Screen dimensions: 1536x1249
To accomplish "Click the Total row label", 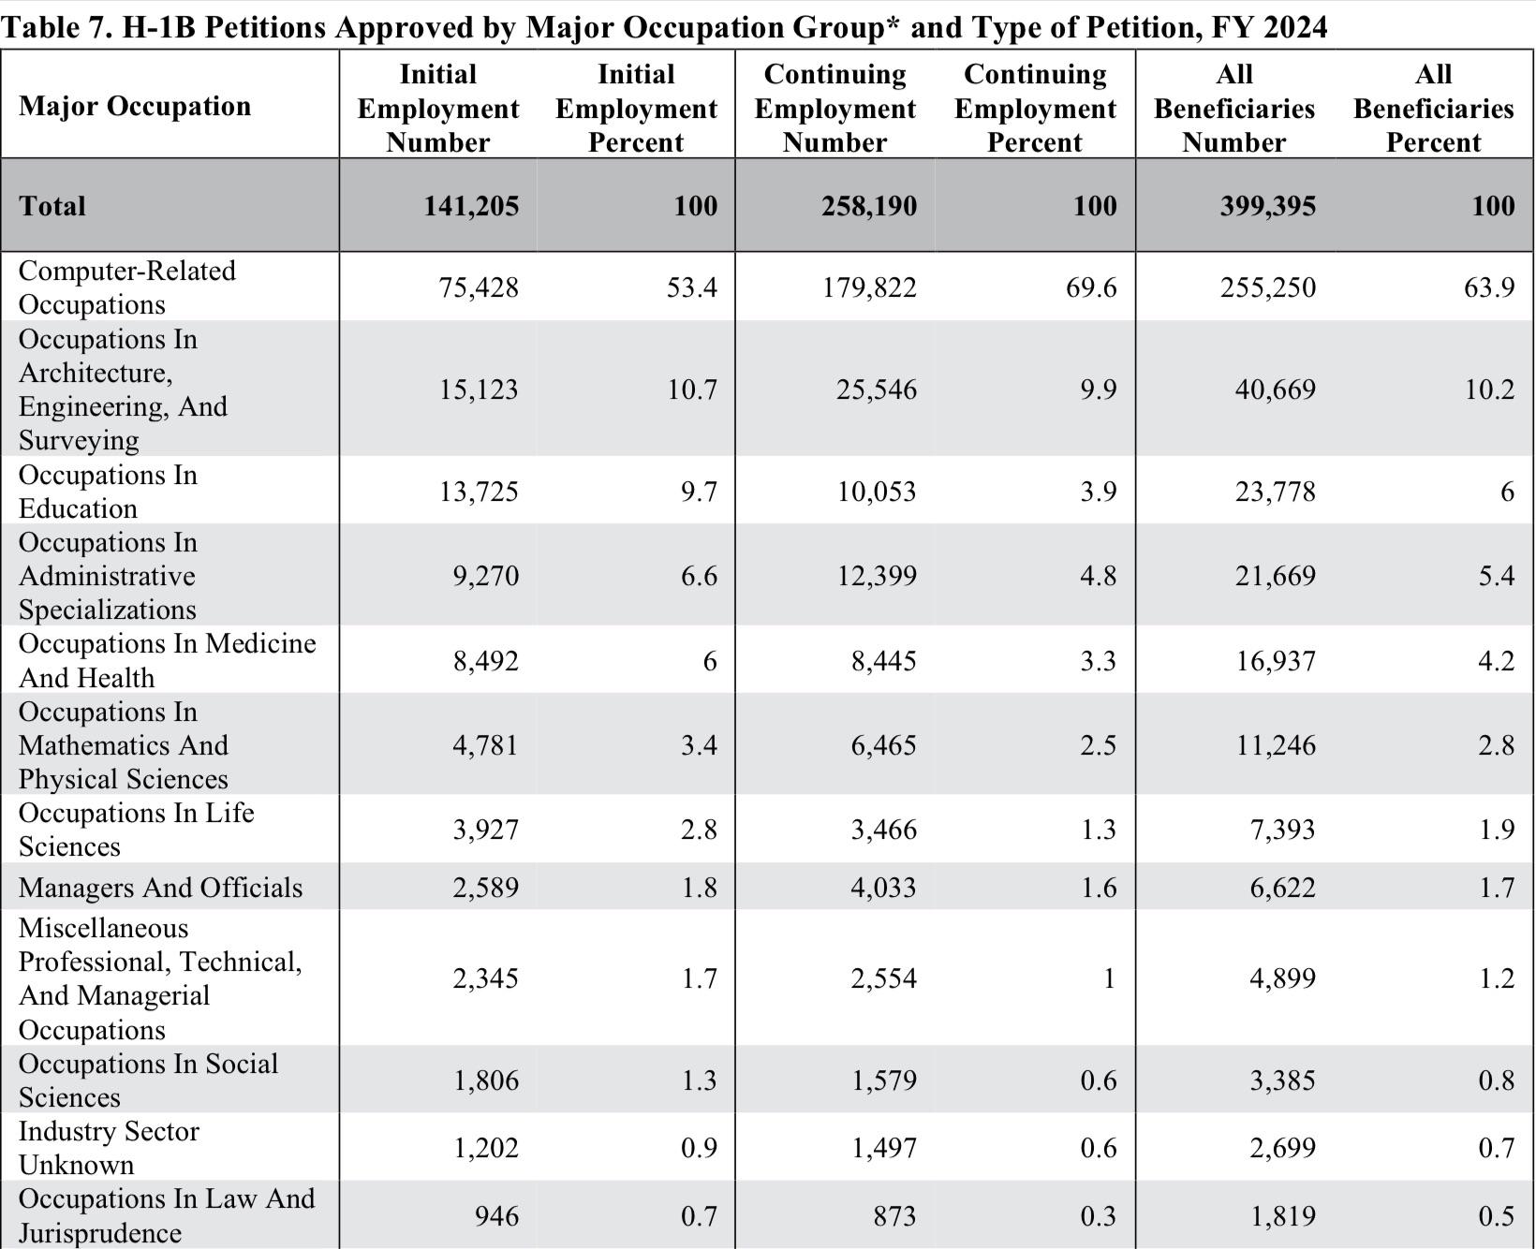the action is coord(52,206).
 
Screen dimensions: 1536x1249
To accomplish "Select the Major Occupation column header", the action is coord(135,106).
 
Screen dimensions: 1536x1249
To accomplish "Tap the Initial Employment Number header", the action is coord(438,109).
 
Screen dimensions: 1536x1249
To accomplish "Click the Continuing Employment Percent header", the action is coord(1035,109).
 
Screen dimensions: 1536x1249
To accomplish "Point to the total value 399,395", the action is coord(1267,206).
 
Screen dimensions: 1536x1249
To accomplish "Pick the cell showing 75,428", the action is coord(479,287).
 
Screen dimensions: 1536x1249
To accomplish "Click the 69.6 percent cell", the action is coord(1091,287).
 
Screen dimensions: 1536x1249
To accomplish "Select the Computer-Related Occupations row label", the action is coord(127,287).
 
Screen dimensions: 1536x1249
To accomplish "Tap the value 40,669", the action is coord(1276,389).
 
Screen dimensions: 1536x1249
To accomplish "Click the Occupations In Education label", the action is coord(108,492).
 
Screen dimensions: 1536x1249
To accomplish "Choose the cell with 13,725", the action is coord(479,492).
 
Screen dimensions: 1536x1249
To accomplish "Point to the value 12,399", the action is coord(877,576).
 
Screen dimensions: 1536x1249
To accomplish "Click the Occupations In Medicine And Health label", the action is coord(168,660).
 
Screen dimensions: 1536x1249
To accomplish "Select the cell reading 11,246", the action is coord(1276,745).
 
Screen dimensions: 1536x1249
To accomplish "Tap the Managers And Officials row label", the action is coord(161,888).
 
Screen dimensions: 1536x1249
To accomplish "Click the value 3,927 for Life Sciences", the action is coord(485,830).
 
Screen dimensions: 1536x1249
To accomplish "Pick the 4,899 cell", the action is coord(1282,978).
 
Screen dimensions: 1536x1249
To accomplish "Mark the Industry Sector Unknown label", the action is coord(109,1148).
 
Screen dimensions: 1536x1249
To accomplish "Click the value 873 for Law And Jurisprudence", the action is coord(894,1215).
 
